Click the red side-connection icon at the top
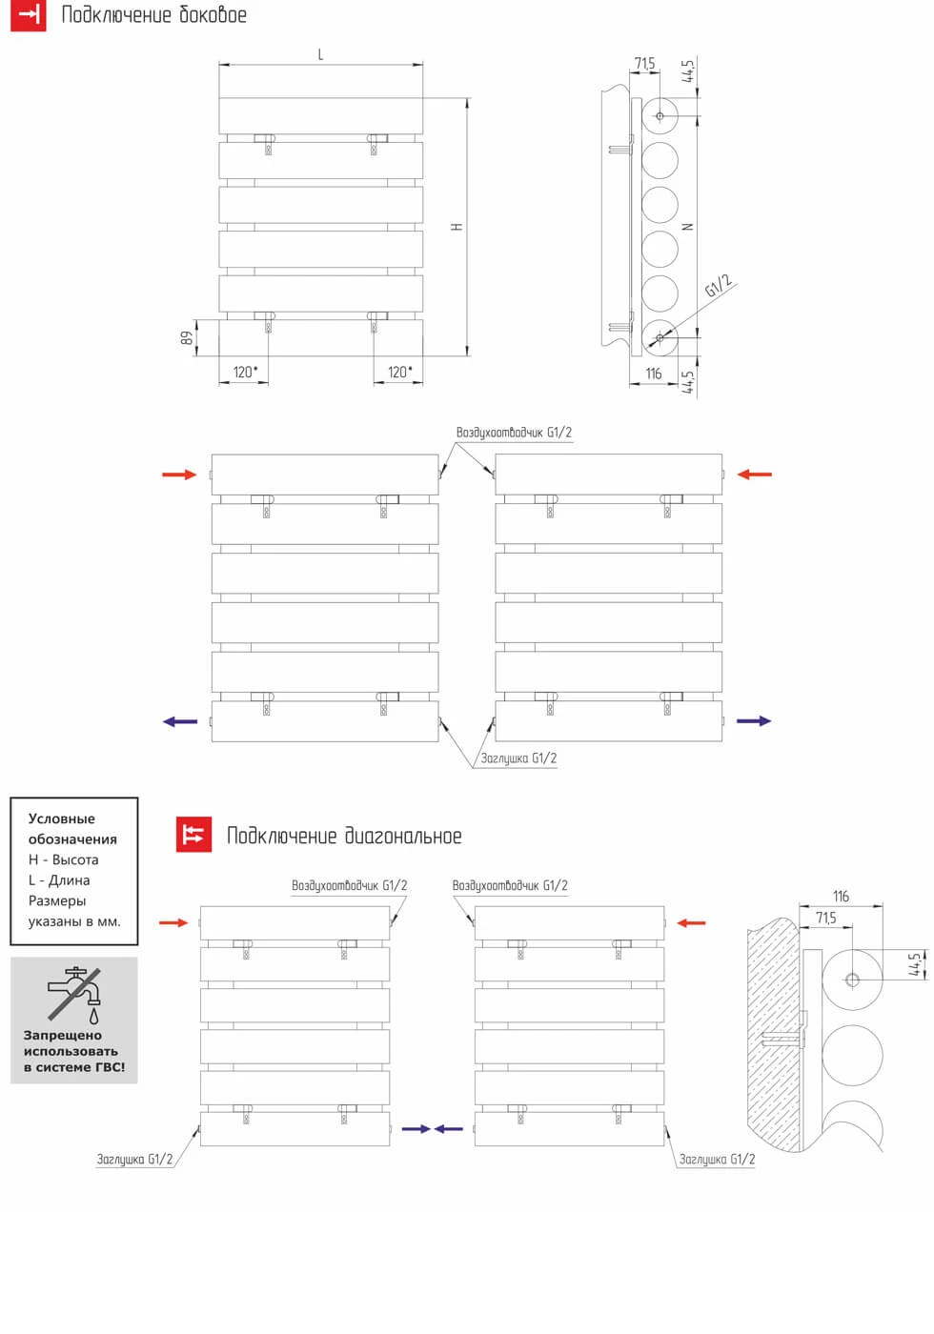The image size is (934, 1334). (29, 15)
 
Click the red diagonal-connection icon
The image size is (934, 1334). (194, 835)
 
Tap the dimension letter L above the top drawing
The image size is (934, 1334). (320, 55)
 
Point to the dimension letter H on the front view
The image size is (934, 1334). (457, 227)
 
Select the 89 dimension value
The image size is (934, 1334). (188, 337)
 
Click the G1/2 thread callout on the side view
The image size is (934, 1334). (719, 286)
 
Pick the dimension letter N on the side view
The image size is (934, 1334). (688, 227)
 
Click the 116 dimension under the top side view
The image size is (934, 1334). (653, 374)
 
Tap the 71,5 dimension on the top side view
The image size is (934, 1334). (645, 64)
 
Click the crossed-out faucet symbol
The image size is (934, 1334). (74, 993)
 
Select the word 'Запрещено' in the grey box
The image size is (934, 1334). (63, 1035)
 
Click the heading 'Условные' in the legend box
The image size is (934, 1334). (62, 819)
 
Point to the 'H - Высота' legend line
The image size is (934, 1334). (64, 859)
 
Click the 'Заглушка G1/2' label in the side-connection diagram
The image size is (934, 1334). (518, 758)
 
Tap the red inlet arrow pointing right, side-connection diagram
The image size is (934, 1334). (178, 475)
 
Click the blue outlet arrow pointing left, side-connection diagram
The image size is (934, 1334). (179, 721)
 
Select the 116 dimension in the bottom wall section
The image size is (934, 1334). (841, 897)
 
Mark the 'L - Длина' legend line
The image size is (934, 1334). (59, 880)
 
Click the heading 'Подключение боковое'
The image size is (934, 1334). (153, 15)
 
